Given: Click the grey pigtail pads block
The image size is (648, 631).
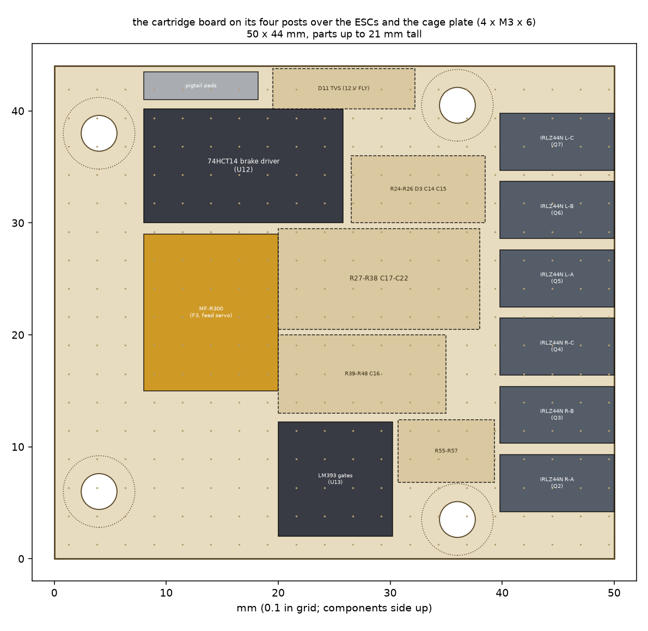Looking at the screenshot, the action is click(x=201, y=85).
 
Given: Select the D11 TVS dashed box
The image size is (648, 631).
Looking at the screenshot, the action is click(x=344, y=88).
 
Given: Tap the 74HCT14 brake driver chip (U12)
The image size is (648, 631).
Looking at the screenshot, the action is click(x=243, y=166).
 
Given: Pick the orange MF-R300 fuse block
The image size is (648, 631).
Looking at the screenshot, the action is click(x=211, y=313).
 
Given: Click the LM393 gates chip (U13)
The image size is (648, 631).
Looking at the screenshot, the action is click(x=335, y=479).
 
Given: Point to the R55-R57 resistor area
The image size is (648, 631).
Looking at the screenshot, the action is click(x=447, y=451).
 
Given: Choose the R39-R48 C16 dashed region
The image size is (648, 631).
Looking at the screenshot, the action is click(x=362, y=374).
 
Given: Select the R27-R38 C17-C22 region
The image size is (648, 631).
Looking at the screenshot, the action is click(x=379, y=279).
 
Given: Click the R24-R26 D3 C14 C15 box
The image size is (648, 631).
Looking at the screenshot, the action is click(x=418, y=189).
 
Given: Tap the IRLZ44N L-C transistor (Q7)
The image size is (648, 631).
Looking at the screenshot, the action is click(x=557, y=142).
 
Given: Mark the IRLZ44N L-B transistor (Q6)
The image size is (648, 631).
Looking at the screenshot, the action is click(x=557, y=210).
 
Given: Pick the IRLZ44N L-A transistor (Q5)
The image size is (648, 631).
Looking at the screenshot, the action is click(x=557, y=278).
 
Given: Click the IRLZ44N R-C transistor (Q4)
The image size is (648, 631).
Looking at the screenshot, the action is click(x=557, y=347).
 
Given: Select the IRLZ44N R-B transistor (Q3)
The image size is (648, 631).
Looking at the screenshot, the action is click(x=557, y=415).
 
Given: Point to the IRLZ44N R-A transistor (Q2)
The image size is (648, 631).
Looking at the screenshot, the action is click(x=557, y=483).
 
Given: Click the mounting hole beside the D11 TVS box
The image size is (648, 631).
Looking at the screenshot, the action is click(x=457, y=106).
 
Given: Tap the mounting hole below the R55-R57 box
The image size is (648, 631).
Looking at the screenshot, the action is click(x=457, y=519).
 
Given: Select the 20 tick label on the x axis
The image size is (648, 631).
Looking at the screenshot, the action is click(x=278, y=593).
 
